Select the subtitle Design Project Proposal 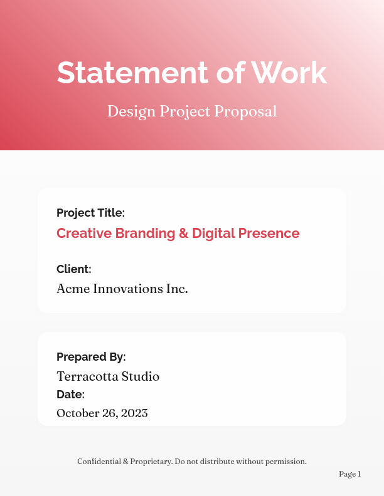click(192, 111)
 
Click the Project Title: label click(90, 213)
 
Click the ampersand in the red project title click(184, 234)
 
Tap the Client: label click(74, 269)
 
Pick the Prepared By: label click(91, 357)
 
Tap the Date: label click(70, 395)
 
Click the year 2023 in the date click(134, 413)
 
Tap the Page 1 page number click(349, 474)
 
